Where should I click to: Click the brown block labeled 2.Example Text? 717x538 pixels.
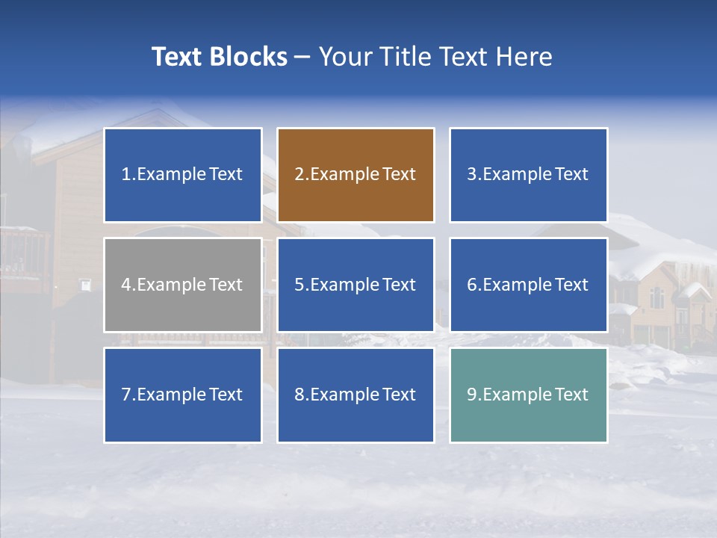tap(356, 175)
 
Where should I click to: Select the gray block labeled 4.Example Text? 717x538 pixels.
tap(183, 285)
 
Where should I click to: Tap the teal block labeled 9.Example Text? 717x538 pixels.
tap(528, 395)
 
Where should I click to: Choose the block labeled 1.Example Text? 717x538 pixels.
tap(183, 175)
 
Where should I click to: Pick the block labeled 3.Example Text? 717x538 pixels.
tap(528, 175)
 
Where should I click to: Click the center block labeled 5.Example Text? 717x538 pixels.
tap(356, 285)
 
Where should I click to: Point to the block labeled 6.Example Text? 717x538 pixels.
tap(528, 285)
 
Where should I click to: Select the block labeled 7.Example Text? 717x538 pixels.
tap(183, 395)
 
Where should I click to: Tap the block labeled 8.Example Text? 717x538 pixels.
tap(356, 395)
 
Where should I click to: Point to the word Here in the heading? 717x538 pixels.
tap(524, 57)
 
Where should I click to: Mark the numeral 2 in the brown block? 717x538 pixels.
tap(299, 175)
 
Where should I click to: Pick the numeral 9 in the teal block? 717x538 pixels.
tap(472, 395)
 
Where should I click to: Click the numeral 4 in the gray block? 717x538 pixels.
tap(126, 285)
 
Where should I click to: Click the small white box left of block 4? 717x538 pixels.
tap(86, 285)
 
